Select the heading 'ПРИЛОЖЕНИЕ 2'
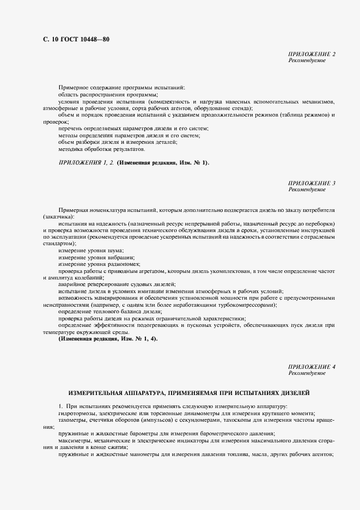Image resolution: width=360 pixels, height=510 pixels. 312,54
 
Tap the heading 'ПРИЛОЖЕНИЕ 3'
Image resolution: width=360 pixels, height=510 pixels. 312,184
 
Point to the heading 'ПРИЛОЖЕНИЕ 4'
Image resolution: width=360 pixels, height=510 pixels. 312,367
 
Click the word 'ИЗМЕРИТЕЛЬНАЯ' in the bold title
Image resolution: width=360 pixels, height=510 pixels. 95,392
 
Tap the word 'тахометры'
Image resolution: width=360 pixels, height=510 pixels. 71,420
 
